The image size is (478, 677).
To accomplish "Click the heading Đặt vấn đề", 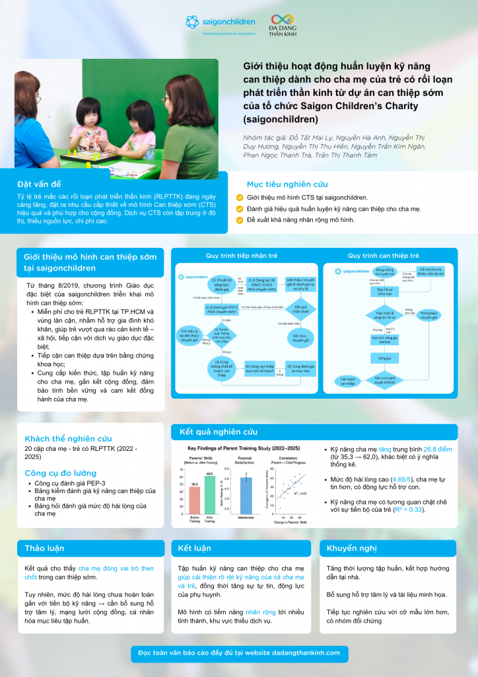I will (x=40, y=184).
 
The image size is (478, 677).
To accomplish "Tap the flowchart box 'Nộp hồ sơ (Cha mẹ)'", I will (x=384, y=291).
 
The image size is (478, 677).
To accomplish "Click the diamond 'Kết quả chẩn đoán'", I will (x=301, y=309).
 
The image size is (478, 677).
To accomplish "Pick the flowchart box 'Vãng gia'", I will (x=380, y=358).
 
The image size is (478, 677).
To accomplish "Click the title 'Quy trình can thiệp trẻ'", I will (x=384, y=255).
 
